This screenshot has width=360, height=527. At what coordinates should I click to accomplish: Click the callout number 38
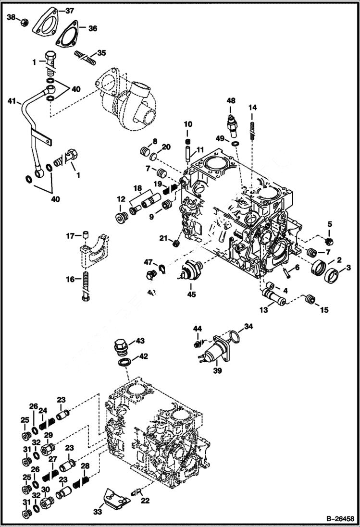pos(11,18)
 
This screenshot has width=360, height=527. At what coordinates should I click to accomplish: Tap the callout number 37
pos(70,11)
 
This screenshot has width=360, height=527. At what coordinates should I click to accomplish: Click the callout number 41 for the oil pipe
pos(12,101)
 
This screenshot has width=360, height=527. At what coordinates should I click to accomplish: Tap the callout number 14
pos(252,108)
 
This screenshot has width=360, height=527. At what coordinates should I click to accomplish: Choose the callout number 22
pos(145,501)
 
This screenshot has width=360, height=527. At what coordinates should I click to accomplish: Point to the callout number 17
pos(71,235)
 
